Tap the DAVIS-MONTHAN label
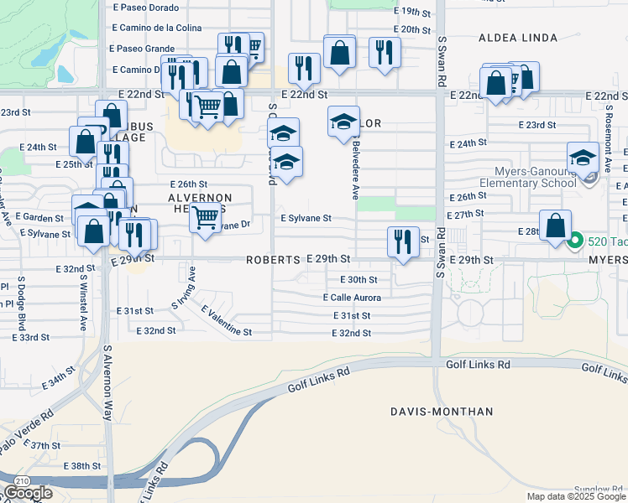(442, 412)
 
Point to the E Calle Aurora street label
(352, 298)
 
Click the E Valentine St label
(226, 321)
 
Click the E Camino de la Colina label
(156, 28)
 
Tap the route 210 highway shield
(18, 480)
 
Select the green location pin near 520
(575, 242)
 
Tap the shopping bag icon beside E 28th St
(555, 226)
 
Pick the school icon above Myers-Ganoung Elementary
(583, 157)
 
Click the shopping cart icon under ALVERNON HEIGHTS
(205, 217)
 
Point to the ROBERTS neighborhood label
(273, 261)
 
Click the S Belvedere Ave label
(355, 169)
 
